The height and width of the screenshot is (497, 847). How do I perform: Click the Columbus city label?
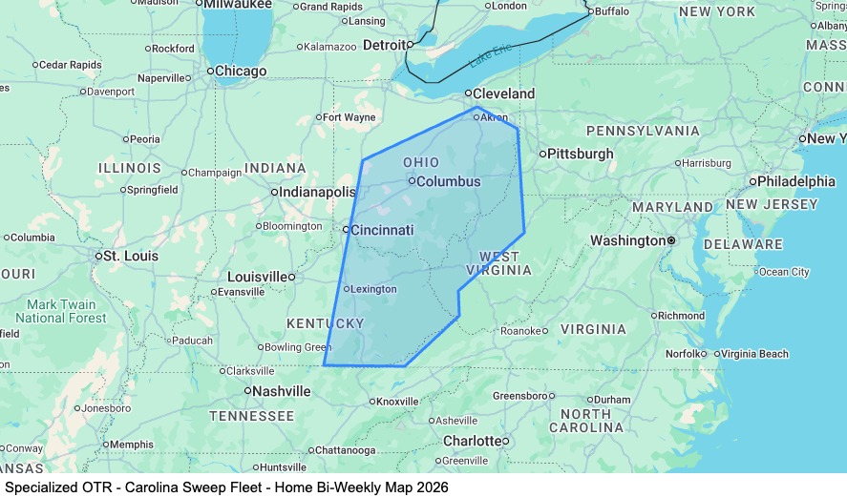[448, 181]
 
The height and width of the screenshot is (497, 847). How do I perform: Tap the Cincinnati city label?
[382, 230]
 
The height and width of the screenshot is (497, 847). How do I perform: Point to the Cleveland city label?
[505, 93]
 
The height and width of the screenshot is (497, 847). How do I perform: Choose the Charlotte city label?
[472, 441]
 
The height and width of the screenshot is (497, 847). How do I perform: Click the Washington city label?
[627, 240]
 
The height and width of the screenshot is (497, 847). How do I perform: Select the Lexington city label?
[374, 289]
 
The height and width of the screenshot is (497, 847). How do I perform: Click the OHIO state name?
[421, 162]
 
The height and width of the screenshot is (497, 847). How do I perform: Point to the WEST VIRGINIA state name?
[505, 263]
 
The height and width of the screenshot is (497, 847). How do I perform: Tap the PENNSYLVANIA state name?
[643, 130]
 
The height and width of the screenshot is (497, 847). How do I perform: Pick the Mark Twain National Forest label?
[61, 311]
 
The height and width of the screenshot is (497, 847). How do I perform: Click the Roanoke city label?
[520, 331]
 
